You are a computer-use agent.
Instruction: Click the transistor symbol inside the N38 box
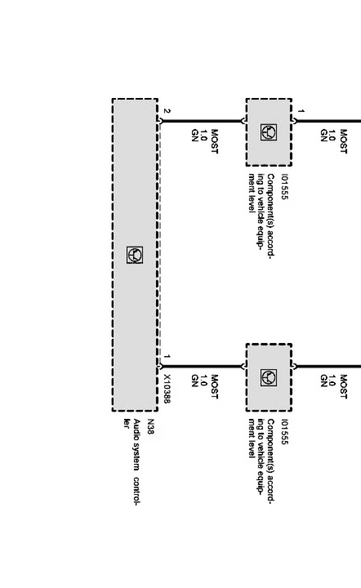[x=134, y=255]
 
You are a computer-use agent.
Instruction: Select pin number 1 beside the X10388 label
[x=167, y=357]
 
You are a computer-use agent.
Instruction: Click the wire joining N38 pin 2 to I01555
[x=201, y=121]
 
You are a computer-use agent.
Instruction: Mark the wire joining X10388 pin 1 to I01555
[x=201, y=366]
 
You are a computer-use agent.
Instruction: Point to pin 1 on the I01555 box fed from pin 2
[x=301, y=112]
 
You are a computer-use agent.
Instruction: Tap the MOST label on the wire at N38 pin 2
[x=215, y=141]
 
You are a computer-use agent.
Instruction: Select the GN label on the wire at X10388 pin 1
[x=195, y=381]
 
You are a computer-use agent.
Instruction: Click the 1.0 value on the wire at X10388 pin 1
[x=205, y=381]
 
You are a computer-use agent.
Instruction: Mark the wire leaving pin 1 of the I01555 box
[x=327, y=121]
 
